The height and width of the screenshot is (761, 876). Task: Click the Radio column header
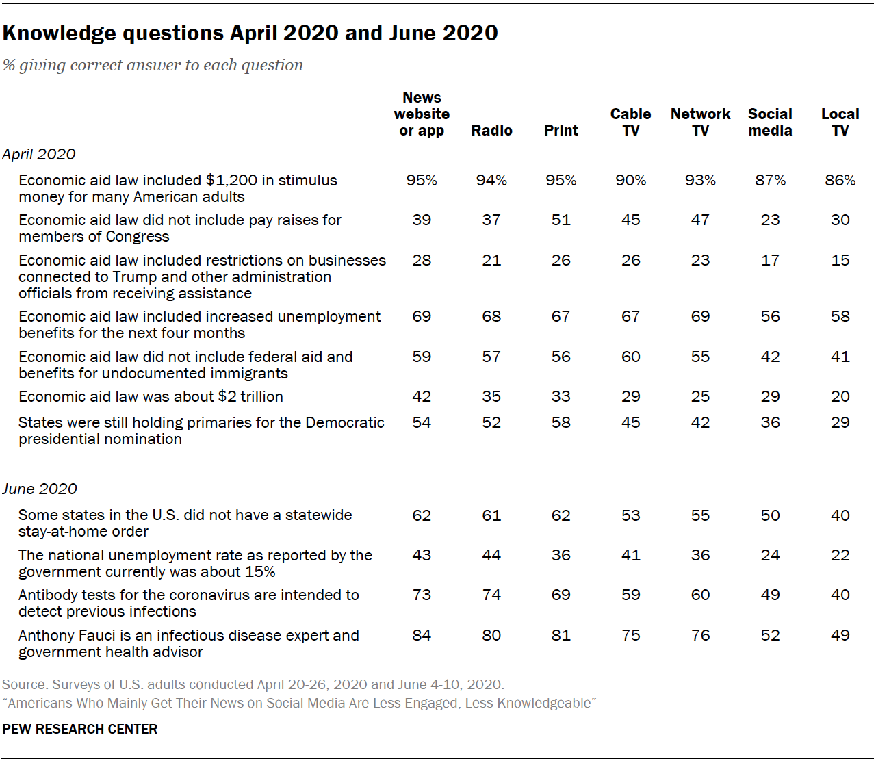click(491, 130)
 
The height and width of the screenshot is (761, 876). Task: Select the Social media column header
click(770, 122)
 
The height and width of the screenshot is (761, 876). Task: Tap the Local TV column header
click(840, 122)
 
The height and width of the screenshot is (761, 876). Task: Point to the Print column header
click(561, 130)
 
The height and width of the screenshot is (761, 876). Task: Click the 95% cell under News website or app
click(422, 180)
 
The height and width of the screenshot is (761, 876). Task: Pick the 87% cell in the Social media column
click(770, 180)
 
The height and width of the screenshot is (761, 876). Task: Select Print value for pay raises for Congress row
click(561, 220)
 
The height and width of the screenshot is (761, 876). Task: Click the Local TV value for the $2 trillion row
click(840, 396)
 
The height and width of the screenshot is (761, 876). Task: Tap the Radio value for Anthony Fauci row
click(491, 635)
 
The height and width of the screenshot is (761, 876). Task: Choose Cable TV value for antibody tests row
click(630, 595)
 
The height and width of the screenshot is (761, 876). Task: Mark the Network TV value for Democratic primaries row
click(700, 422)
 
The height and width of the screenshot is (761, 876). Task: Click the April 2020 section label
click(39, 154)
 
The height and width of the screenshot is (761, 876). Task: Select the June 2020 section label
click(40, 489)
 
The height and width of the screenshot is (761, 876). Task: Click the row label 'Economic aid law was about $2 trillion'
click(151, 396)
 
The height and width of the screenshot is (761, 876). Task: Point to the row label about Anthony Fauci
click(188, 643)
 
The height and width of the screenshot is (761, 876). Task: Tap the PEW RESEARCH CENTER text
click(80, 729)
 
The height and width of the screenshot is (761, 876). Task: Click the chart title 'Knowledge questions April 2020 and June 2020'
click(250, 33)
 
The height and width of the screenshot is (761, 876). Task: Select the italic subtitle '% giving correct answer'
click(153, 65)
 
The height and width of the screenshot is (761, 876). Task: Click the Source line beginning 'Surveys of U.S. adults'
click(253, 684)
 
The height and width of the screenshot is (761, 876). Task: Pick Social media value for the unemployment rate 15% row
click(770, 555)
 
